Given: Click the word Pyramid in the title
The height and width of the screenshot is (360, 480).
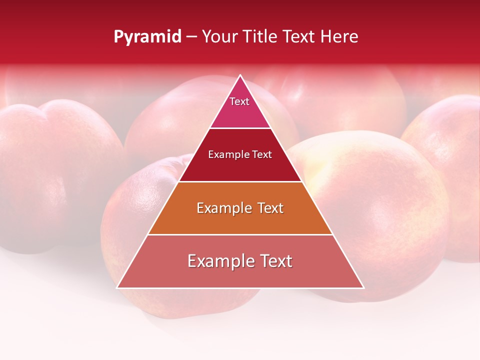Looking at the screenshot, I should pos(147,37).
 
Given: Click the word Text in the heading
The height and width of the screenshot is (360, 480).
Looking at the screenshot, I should pos(299,37).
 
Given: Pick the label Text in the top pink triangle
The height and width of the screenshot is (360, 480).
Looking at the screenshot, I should pos(239,101).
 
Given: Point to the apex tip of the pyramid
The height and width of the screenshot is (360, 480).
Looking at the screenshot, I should pos(240,75).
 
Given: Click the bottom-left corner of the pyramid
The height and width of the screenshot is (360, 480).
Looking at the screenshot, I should pos(117,287).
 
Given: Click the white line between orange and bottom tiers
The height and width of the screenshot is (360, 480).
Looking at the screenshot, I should pos(240,234).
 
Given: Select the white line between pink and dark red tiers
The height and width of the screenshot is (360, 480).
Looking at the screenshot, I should pos(240,128).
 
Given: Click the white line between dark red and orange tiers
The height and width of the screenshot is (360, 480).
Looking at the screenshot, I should pos(240,181).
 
